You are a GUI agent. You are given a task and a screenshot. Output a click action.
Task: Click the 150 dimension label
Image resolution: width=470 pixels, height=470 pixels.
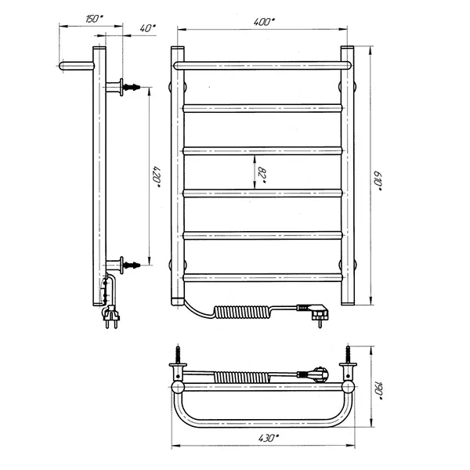pyautogui.click(x=94, y=19)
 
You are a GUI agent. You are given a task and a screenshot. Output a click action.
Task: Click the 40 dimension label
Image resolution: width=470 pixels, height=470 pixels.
pyautogui.click(x=147, y=28)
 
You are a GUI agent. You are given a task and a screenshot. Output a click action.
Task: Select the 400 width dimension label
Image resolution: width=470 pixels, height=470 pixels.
pyautogui.click(x=264, y=22)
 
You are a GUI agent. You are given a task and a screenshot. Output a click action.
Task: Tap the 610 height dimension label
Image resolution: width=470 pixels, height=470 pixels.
pyautogui.click(x=378, y=181)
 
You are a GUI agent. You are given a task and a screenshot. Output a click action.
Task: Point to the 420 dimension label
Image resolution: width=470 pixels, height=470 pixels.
pyautogui.click(x=157, y=177)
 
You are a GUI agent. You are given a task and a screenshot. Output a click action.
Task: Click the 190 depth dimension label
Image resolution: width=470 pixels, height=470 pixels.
pyautogui.click(x=378, y=390)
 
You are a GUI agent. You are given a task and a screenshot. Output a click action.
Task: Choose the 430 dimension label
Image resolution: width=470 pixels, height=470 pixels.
pyautogui.click(x=268, y=438)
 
